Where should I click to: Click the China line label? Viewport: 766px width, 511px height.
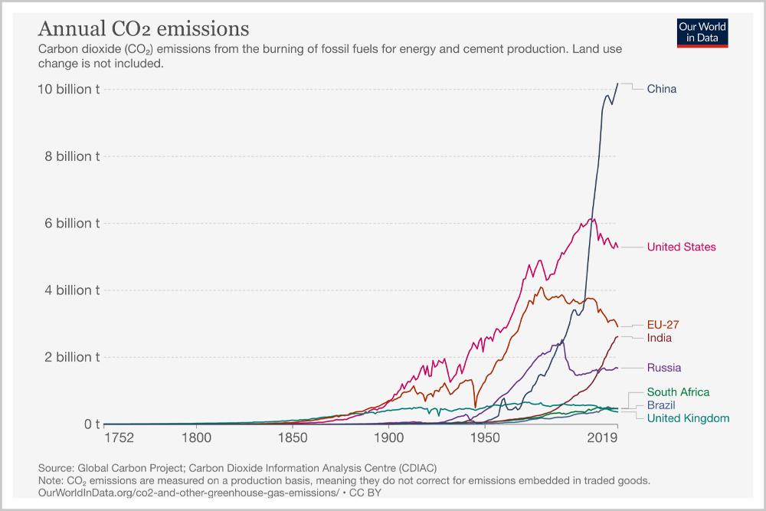coord(662,89)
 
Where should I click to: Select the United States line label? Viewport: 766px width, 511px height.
coord(681,247)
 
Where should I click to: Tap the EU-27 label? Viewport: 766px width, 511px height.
coord(663,325)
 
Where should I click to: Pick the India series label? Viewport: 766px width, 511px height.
coord(660,338)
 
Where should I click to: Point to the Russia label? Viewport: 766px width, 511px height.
coord(664,368)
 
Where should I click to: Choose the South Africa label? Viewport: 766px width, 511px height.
coord(678,392)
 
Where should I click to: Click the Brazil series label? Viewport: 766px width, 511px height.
coord(661,405)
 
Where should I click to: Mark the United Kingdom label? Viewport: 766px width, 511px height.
coord(688,418)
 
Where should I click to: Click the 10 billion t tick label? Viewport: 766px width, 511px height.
coord(68,89)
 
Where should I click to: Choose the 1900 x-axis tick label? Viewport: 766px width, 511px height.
coord(389,439)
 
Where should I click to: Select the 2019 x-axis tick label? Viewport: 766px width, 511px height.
coord(603,439)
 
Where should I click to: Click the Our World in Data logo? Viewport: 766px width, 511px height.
coord(702,32)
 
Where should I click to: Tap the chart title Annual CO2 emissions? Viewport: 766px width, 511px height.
coord(143,29)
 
